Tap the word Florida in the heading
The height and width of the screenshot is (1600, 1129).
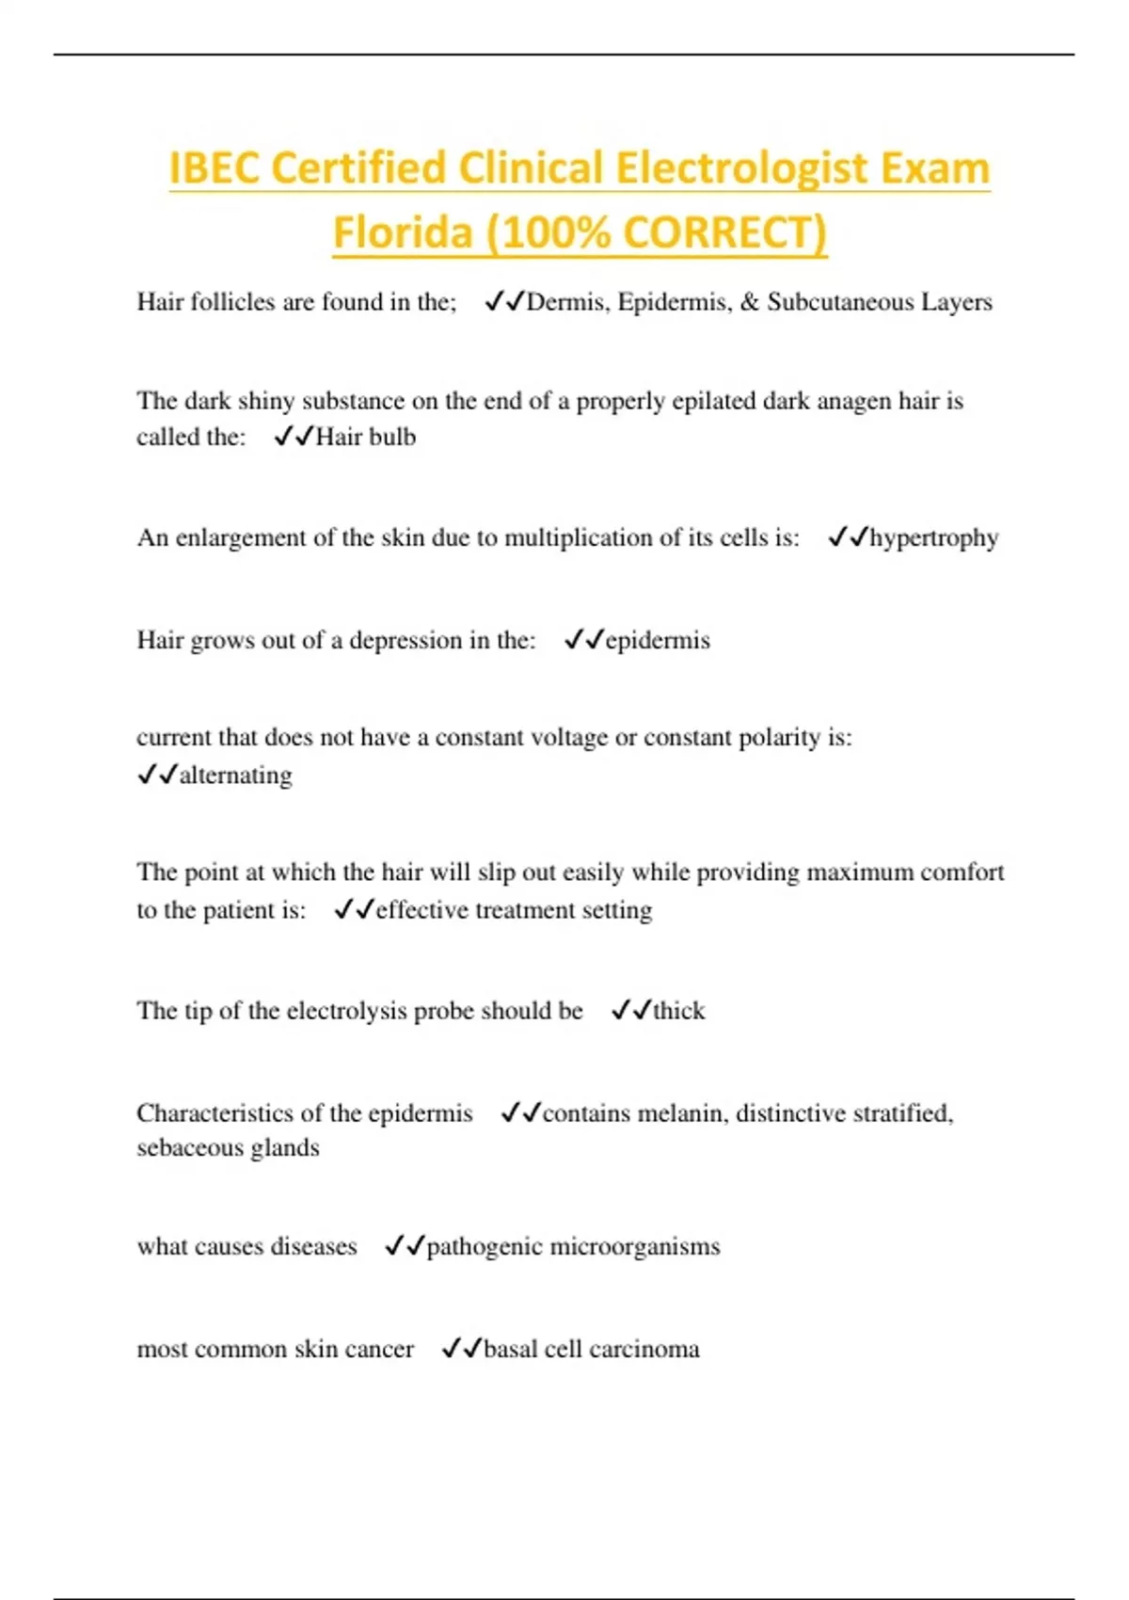click(402, 232)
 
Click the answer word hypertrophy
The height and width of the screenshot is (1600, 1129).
click(933, 538)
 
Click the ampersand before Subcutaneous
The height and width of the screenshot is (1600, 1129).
click(750, 302)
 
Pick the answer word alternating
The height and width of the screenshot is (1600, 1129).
click(235, 776)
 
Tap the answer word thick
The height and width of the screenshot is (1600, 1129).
click(678, 1011)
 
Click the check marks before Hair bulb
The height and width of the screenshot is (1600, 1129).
click(294, 438)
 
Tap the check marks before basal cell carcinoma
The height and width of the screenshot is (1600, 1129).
click(461, 1350)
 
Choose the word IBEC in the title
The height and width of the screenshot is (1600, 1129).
click(215, 170)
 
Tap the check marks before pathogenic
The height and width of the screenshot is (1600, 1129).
click(405, 1247)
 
